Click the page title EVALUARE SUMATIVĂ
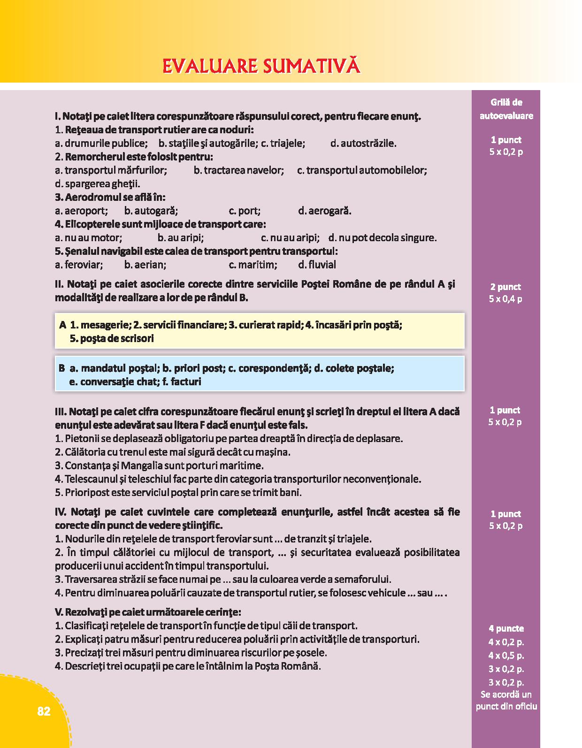point(261,66)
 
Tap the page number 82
point(43,711)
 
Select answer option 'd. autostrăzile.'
point(363,143)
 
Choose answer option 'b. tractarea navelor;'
point(239,170)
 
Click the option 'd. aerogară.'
point(325,211)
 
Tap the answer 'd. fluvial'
point(317,265)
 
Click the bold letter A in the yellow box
point(62,325)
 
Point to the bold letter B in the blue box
point(62,368)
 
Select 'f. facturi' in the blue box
point(182,382)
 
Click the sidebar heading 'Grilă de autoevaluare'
point(506,109)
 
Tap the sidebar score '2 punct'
point(505,287)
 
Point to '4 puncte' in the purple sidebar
point(505,628)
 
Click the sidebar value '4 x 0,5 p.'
point(506,655)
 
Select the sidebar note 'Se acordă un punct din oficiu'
point(506,700)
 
